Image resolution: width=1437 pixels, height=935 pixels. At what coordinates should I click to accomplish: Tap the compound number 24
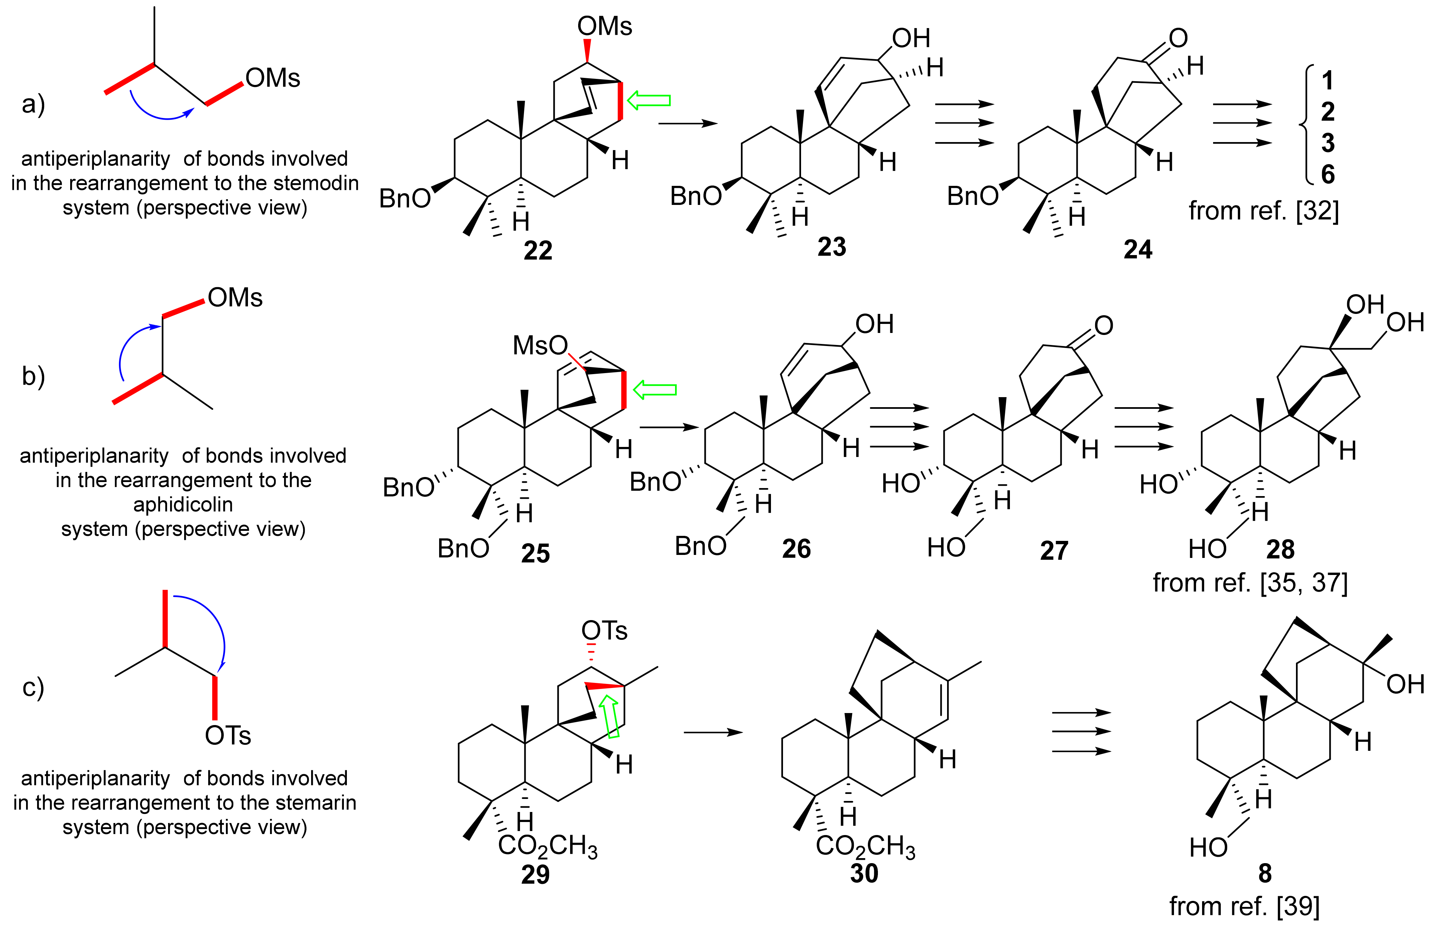coord(1138,249)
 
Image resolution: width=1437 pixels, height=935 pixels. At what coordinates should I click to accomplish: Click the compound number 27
coord(1054,550)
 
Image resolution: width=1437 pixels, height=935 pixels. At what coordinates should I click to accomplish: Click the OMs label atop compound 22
coord(605,27)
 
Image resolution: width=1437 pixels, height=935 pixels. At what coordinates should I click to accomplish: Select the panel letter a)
coord(33,104)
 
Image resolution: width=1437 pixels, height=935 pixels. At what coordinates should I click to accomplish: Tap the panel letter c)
coord(33,687)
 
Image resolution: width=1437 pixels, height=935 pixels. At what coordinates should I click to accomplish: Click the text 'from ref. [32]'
coord(1264,211)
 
